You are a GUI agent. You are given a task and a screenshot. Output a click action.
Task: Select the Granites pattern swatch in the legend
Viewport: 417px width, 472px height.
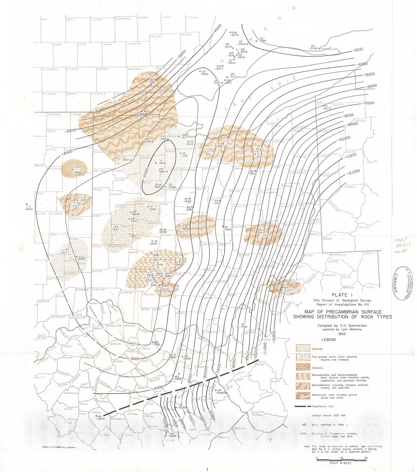pos(303,348)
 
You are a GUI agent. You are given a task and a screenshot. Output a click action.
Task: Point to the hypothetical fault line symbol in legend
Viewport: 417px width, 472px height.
pos(303,406)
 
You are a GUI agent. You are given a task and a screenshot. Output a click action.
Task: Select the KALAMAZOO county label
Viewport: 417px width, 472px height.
pos(50,69)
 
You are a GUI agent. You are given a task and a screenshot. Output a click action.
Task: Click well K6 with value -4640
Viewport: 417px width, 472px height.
pos(98,418)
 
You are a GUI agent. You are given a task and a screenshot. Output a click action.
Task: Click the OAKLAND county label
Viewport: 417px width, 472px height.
pos(156,37)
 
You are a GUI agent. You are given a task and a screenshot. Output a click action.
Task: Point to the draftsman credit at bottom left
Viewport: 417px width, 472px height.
pos(60,455)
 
